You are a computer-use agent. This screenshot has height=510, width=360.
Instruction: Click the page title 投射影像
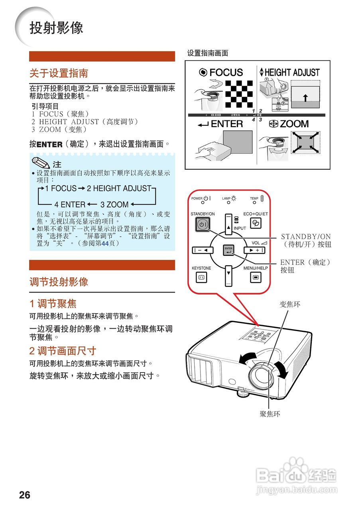tap(56, 28)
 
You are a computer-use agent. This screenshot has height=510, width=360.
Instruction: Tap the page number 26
tap(24, 495)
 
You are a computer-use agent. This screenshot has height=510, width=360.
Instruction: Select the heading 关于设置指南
tap(59, 73)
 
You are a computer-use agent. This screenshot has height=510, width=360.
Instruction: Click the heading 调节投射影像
tap(59, 282)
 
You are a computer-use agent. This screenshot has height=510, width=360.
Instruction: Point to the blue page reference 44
tap(105, 243)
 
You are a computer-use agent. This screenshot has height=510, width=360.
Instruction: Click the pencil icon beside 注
tap(41, 163)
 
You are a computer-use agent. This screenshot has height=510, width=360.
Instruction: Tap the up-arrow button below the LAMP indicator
tap(228, 227)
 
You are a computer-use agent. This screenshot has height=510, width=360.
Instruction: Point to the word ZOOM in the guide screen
tap(294, 124)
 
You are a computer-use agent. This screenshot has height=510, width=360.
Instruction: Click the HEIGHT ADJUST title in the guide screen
tap(292, 73)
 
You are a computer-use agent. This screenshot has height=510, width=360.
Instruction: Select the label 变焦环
tap(290, 304)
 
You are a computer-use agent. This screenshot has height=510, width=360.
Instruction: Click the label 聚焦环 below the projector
tap(270, 414)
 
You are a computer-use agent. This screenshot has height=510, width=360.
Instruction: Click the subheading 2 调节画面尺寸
tap(63, 351)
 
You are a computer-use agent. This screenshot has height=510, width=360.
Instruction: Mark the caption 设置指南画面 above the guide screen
tap(208, 53)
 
